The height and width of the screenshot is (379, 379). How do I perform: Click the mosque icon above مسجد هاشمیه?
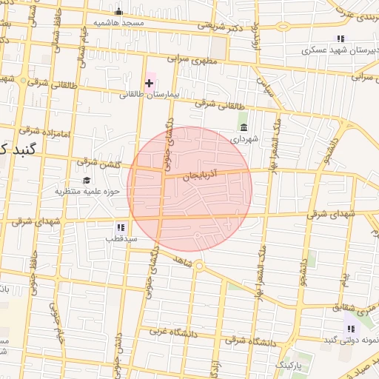point(118,10)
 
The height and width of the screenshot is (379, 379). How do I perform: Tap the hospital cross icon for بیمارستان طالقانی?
point(149,83)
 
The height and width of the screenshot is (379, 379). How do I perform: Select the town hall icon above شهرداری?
point(244,127)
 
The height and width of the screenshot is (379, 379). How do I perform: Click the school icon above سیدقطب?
point(119,227)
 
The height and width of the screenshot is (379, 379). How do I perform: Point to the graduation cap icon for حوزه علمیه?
point(87,181)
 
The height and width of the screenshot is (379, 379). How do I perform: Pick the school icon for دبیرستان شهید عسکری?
point(341,38)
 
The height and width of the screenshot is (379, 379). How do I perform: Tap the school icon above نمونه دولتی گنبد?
point(350,329)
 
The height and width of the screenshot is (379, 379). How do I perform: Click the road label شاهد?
point(180,262)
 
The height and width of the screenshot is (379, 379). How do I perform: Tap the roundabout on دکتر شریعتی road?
point(283,27)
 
